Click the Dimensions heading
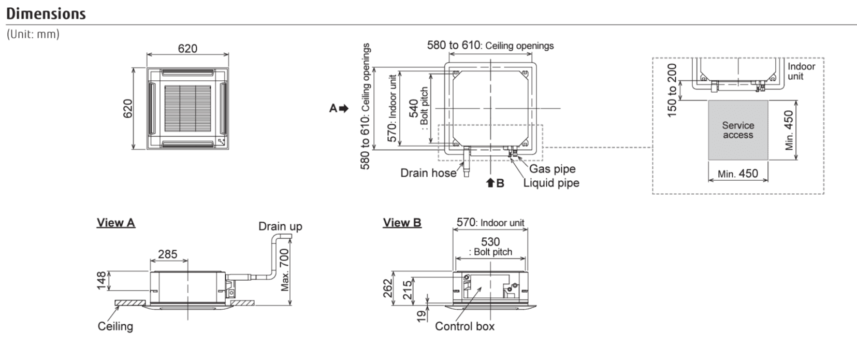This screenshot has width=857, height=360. click(x=46, y=13)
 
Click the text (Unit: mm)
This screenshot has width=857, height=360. click(x=33, y=34)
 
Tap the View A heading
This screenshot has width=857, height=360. click(x=116, y=223)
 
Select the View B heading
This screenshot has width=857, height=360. click(x=402, y=223)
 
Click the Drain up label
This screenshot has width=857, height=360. click(x=280, y=226)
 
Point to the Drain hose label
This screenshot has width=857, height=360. click(x=428, y=173)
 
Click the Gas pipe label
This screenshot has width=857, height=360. click(x=552, y=169)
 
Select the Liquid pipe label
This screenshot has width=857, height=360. click(x=551, y=183)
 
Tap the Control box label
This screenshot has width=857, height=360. click(x=464, y=326)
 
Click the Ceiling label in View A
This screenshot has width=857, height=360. click(x=115, y=326)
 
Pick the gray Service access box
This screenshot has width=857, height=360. click(x=738, y=130)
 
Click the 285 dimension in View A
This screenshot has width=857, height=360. click(x=168, y=254)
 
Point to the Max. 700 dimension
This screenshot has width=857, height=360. click(x=285, y=270)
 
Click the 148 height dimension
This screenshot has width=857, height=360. click(x=101, y=280)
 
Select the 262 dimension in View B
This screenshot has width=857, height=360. click(x=388, y=289)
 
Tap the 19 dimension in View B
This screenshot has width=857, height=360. click(x=422, y=314)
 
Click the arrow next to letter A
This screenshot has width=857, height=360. click(x=344, y=108)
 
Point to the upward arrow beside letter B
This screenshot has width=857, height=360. click(x=490, y=183)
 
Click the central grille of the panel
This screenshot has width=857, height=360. click(x=187, y=108)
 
